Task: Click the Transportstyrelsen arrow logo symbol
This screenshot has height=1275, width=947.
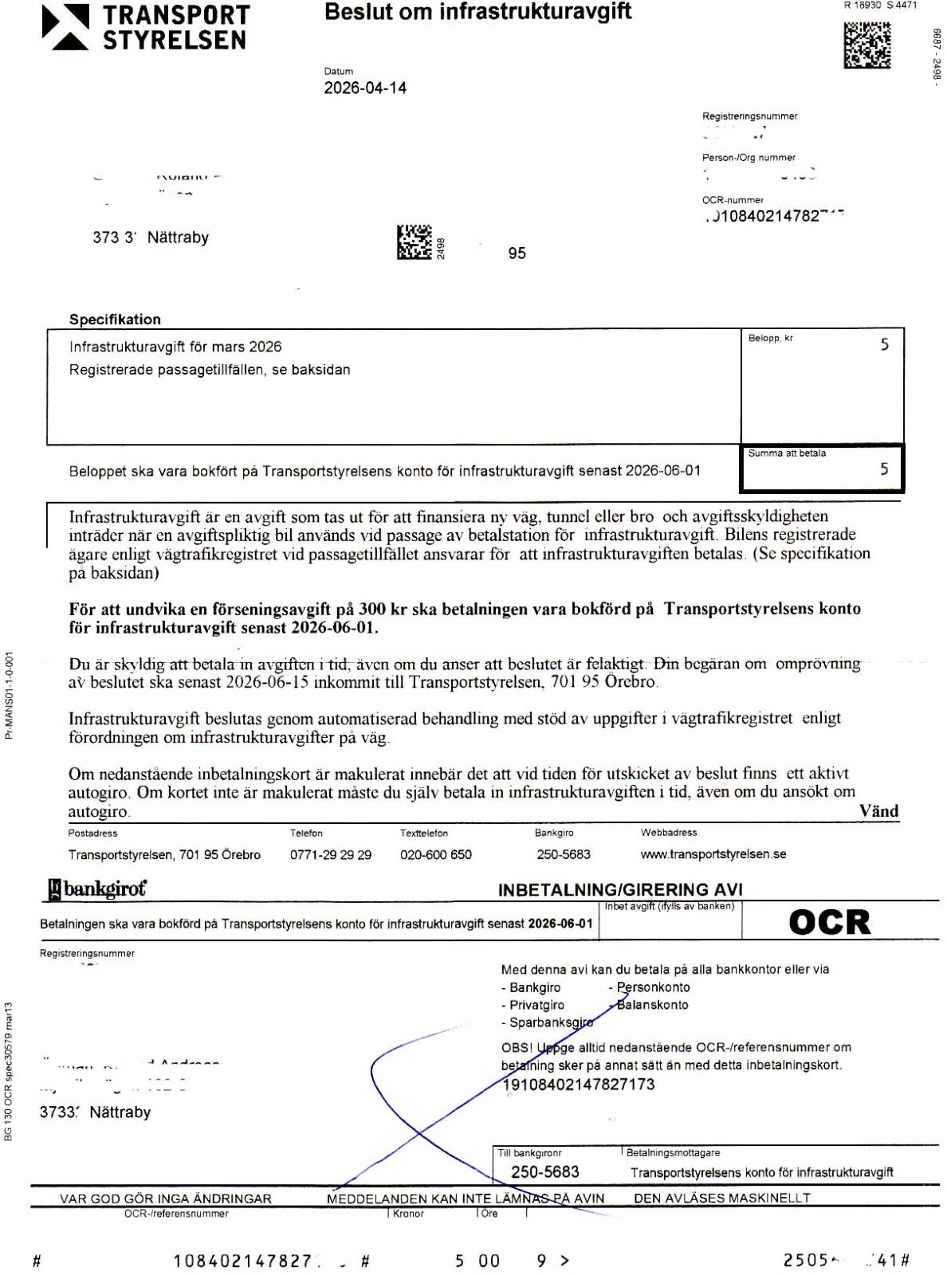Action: pyautogui.click(x=65, y=27)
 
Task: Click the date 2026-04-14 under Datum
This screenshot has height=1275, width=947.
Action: pyautogui.click(x=364, y=88)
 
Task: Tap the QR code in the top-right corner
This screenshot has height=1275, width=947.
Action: pyautogui.click(x=866, y=45)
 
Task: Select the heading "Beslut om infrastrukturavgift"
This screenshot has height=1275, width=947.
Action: pyautogui.click(x=477, y=12)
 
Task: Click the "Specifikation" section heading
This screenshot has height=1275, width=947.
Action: pyautogui.click(x=115, y=320)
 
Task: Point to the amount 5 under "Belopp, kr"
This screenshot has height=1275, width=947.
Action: pyautogui.click(x=884, y=344)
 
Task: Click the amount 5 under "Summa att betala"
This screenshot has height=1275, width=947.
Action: pyautogui.click(x=884, y=469)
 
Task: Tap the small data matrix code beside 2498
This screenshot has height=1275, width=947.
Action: pyautogui.click(x=414, y=242)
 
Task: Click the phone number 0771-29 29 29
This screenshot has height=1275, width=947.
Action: pyautogui.click(x=330, y=854)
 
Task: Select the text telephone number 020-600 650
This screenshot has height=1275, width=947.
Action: pyautogui.click(x=435, y=854)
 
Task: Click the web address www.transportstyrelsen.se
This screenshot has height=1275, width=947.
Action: pyautogui.click(x=713, y=854)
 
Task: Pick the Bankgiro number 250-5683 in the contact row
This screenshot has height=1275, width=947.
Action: pyautogui.click(x=563, y=854)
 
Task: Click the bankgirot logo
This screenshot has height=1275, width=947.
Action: pyautogui.click(x=97, y=889)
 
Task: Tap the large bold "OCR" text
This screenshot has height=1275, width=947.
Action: pyautogui.click(x=829, y=922)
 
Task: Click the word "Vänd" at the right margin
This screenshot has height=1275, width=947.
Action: pyautogui.click(x=878, y=811)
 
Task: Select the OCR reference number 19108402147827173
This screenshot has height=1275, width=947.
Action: pyautogui.click(x=578, y=1085)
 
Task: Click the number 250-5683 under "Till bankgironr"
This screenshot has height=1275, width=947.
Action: pyautogui.click(x=544, y=1171)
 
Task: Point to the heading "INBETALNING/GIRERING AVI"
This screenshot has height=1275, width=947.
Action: pyautogui.click(x=619, y=889)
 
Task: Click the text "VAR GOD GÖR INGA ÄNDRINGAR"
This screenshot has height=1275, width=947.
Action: pyautogui.click(x=165, y=1198)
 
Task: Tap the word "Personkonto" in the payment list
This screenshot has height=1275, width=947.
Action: pyautogui.click(x=653, y=987)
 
